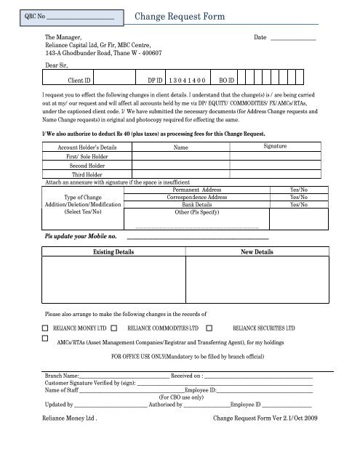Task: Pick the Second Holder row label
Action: [x=86, y=165]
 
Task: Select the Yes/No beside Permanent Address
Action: [x=298, y=189]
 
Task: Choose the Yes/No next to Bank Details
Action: [x=298, y=206]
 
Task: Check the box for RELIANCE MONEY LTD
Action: [x=46, y=328]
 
